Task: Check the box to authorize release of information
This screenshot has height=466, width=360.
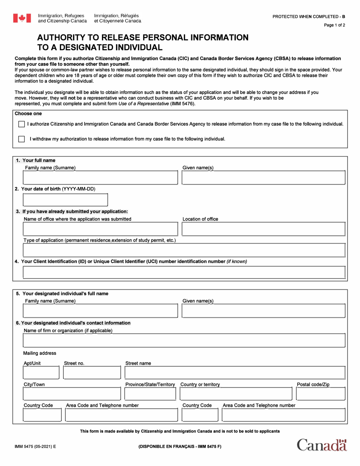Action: click(22, 124)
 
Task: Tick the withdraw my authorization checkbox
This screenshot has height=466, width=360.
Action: click(22, 139)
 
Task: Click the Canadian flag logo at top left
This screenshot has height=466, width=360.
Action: click(22, 18)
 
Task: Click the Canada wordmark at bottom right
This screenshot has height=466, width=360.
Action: click(322, 445)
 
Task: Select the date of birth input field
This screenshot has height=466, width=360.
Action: click(66, 200)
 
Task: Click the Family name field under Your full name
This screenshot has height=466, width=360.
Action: click(100, 177)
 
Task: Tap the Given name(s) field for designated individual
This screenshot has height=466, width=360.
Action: click(263, 311)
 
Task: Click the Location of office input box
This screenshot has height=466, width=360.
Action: click(263, 229)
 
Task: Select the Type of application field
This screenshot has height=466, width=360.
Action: click(184, 250)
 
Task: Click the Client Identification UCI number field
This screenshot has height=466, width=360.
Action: click(184, 272)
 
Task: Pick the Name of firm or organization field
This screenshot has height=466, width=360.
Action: click(184, 341)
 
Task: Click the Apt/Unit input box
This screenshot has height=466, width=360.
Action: click(41, 373)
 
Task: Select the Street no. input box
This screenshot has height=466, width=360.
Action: click(92, 373)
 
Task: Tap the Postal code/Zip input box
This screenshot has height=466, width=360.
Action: click(320, 394)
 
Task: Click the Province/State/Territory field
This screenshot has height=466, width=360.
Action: click(150, 394)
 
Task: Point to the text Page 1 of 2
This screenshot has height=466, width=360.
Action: click(334, 25)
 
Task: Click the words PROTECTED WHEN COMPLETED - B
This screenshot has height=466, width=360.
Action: click(309, 17)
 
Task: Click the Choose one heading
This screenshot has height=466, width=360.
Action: click(28, 114)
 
